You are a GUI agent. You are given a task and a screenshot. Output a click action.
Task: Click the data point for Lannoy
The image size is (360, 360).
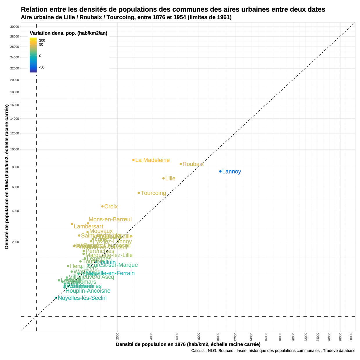220,172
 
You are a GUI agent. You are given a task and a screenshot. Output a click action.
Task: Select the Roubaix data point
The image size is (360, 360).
181,164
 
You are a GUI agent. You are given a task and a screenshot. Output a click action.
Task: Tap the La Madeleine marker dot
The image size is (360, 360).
134,160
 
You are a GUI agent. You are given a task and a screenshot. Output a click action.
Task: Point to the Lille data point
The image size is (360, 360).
163,178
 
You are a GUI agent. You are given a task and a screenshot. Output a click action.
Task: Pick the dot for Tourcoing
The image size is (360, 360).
139,193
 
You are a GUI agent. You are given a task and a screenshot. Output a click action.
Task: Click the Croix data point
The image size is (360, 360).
102,206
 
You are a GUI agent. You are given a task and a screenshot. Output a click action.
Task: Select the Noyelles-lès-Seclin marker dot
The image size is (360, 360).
56,298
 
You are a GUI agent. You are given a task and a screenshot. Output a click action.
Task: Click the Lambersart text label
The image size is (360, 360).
89,226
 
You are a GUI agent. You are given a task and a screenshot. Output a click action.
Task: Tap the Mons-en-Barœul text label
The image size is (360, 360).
110,219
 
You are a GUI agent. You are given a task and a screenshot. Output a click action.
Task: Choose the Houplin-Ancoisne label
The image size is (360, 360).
88,291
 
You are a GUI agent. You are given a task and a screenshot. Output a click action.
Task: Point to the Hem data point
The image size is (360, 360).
68,266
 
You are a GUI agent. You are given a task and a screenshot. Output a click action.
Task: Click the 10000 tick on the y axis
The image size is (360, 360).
15,150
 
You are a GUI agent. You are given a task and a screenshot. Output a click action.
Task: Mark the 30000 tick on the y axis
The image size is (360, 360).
15,27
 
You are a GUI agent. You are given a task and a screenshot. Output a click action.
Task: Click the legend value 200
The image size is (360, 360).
42,40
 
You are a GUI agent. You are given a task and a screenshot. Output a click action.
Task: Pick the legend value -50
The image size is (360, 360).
42,67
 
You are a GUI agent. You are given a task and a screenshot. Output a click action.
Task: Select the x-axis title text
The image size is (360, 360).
188,344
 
